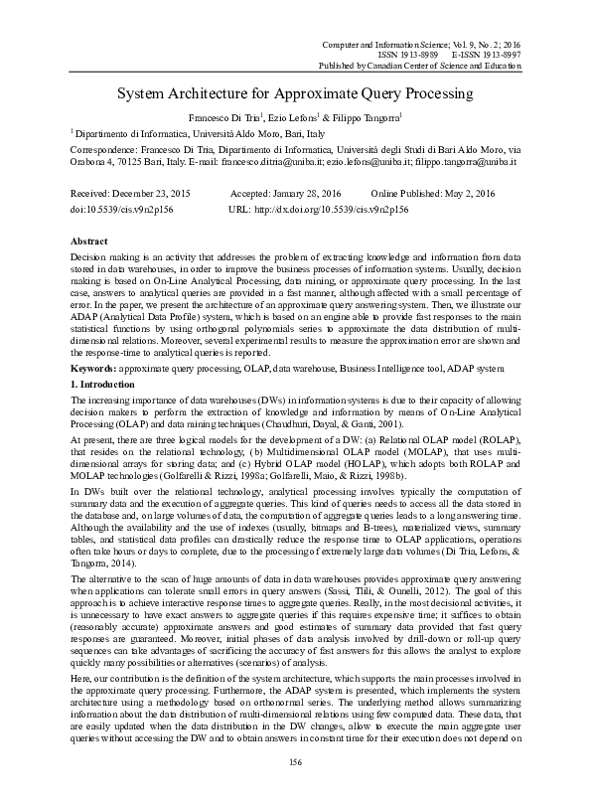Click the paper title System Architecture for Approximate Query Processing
pos(295,95)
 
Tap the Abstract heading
pos(90,241)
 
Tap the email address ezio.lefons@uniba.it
pos(371,160)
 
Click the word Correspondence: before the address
pos(109,146)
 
